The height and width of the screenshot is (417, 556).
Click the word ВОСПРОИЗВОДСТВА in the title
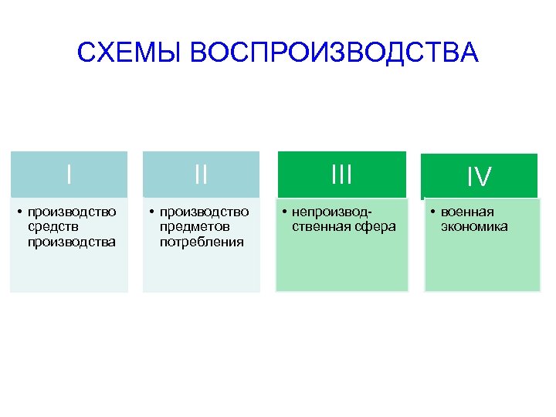(x=334, y=53)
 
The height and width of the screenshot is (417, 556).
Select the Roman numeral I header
(x=69, y=174)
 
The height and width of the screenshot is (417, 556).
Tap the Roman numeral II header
(x=202, y=175)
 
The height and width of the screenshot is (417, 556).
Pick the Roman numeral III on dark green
(x=341, y=175)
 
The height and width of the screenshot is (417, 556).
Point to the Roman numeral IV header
(x=479, y=178)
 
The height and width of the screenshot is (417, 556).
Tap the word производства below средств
(x=72, y=242)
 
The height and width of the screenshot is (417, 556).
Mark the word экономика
(x=474, y=227)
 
